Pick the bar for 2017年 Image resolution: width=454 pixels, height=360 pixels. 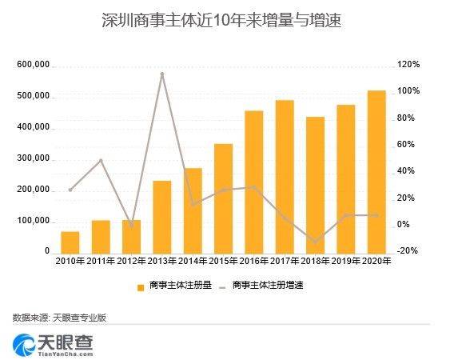284,177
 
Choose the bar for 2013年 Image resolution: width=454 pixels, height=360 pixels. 162,217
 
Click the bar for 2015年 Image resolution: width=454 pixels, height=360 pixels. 223,198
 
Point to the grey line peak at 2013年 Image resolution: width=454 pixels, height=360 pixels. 162,74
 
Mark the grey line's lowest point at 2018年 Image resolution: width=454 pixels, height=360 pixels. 315,242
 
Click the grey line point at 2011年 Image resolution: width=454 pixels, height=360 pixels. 101,160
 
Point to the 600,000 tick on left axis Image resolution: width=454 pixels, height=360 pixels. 33,65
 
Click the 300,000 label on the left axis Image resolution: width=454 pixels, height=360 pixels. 33,158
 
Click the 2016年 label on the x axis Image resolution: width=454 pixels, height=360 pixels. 253,261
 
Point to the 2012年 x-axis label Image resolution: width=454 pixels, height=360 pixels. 132,261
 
